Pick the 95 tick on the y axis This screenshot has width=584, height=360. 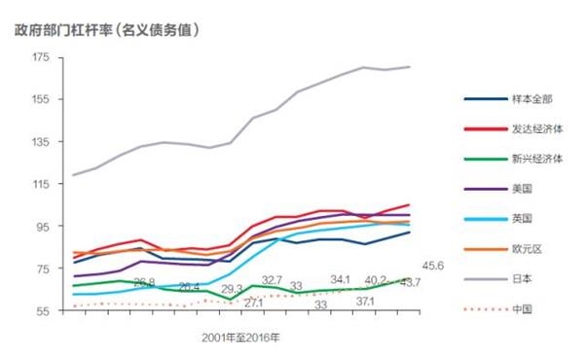click(43, 227)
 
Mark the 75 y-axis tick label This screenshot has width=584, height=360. click(43, 269)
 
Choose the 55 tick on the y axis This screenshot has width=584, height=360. click(43, 310)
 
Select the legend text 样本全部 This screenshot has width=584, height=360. click(530, 98)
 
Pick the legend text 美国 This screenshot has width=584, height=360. click(523, 189)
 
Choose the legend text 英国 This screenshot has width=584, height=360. click(523, 219)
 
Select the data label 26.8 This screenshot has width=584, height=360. click(144, 282)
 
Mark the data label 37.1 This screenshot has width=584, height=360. click(366, 302)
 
